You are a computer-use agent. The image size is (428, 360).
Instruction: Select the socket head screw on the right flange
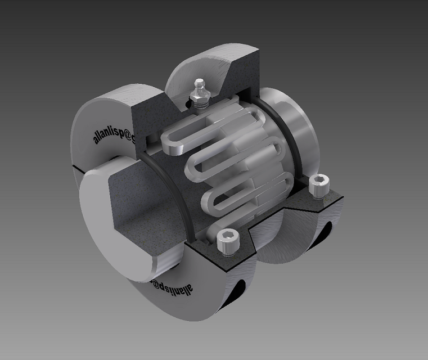319,186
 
